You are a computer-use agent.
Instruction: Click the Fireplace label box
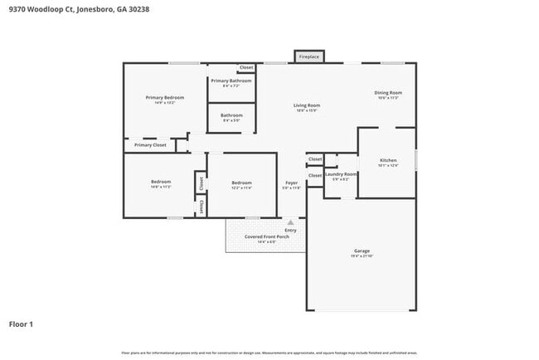308,56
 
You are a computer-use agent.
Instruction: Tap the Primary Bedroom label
165,98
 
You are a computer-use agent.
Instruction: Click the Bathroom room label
231,115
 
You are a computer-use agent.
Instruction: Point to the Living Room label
307,105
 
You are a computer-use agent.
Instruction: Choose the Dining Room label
388,92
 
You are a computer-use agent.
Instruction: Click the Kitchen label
388,159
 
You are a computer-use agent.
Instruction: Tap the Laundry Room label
341,174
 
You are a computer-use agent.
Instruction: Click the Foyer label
291,182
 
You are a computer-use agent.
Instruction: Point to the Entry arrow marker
290,222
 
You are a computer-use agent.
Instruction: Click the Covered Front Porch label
265,236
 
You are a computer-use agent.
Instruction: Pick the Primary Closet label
150,145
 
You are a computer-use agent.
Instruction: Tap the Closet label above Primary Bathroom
246,67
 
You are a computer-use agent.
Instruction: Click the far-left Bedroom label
161,182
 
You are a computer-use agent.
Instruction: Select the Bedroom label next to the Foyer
241,182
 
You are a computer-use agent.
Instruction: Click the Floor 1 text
21,324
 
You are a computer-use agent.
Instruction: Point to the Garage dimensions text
362,255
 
